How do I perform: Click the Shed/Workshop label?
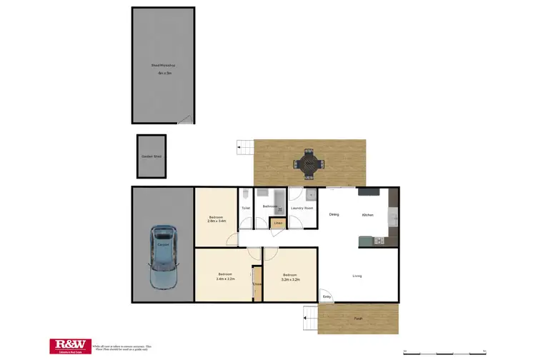point(163,65)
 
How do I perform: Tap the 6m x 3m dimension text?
point(164,73)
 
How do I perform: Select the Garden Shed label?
point(151,156)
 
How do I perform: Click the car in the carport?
point(162,259)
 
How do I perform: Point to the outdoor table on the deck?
point(309,164)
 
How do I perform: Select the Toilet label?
point(245,209)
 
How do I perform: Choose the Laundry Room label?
point(302,209)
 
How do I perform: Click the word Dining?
point(334,214)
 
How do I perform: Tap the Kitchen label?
point(368,214)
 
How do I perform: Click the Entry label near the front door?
point(327,296)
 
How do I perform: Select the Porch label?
point(357,318)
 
